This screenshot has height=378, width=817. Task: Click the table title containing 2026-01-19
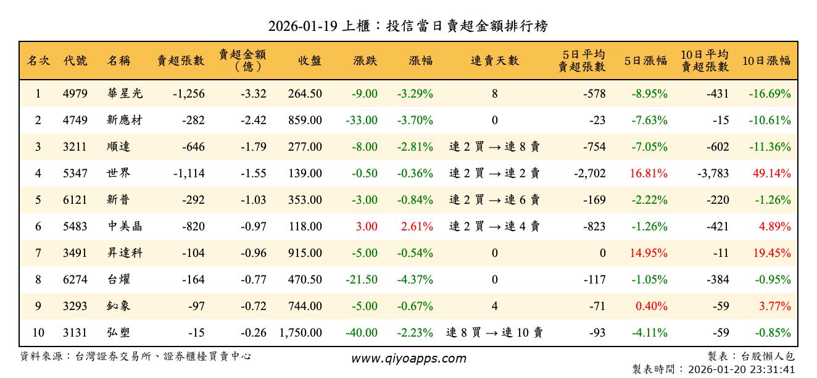[x=408, y=26]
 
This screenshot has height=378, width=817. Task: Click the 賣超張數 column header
[x=180, y=61]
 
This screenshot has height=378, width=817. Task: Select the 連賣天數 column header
[x=495, y=61]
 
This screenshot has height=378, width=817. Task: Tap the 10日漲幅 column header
[x=766, y=61]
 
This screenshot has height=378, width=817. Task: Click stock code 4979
[x=75, y=94]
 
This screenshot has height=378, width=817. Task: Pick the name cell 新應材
[x=125, y=120]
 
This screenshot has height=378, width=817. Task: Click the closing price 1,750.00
[x=301, y=333]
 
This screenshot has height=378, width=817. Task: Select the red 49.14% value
[x=771, y=174]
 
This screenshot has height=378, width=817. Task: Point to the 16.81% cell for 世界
[x=649, y=174]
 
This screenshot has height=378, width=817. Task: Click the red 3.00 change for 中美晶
[x=367, y=227]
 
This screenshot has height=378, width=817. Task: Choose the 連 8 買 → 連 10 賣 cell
[x=495, y=333]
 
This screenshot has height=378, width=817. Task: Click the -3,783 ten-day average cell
[x=713, y=174]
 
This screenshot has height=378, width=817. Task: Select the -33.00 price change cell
[x=362, y=120]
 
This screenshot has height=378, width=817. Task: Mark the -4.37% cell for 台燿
[x=414, y=280]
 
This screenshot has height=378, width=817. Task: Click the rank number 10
[x=38, y=333]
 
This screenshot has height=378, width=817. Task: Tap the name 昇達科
[x=125, y=253]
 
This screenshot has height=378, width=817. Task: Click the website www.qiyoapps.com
[x=408, y=358]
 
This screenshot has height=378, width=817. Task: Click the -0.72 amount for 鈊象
[x=254, y=306]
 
